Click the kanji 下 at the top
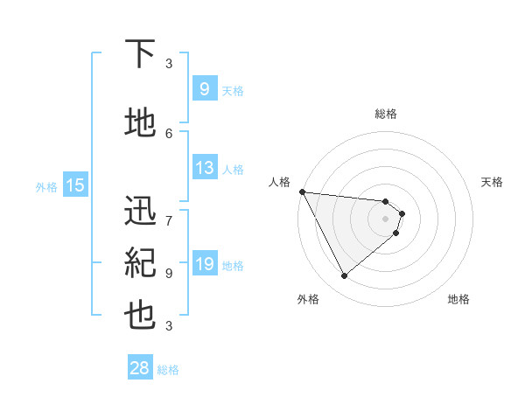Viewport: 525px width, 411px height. [x=141, y=54]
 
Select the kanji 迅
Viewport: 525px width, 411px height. [x=141, y=210]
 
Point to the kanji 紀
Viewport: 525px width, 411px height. [x=141, y=261]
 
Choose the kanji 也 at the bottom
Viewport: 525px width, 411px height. [x=141, y=315]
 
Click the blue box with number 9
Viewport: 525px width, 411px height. [x=204, y=89]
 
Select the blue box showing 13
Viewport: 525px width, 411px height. [x=204, y=169]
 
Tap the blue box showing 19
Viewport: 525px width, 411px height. [x=204, y=265]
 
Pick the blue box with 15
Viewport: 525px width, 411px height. [x=74, y=185]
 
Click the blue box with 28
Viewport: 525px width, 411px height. [x=140, y=369]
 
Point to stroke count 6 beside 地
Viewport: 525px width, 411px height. [x=169, y=133]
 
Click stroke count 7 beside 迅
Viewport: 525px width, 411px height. [x=169, y=212]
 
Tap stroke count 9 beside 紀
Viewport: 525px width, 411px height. [x=169, y=273]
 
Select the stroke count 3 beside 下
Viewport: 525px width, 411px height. [x=169, y=64]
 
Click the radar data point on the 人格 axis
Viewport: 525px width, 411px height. [x=301, y=192]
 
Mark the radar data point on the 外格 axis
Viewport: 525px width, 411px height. [x=344, y=276]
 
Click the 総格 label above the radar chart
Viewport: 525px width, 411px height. [x=386, y=114]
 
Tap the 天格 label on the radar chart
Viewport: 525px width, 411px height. [x=492, y=182]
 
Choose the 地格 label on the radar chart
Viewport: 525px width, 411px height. [x=458, y=299]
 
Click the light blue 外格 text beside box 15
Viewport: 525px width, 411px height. [x=46, y=186]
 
